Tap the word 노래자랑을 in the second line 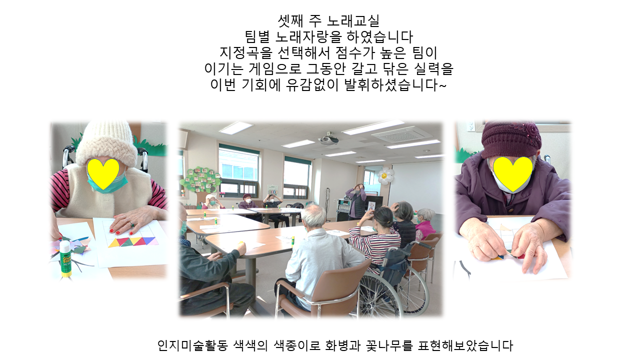click(x=308, y=37)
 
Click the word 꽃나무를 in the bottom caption click(x=389, y=345)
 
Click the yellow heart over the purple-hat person click(x=513, y=173)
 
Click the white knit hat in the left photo click(x=107, y=144)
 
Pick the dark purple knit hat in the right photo click(x=511, y=139)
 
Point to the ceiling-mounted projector click(x=329, y=139)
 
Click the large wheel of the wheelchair click(x=380, y=294)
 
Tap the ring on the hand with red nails click(x=132, y=225)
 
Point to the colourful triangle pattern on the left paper click(x=133, y=241)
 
